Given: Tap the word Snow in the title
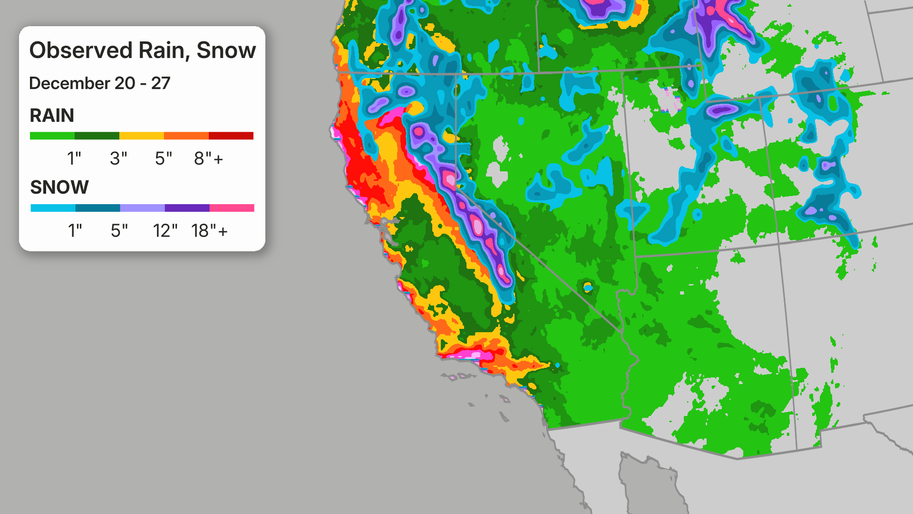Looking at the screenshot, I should tap(226, 50).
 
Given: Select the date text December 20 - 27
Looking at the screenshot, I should tap(99, 83).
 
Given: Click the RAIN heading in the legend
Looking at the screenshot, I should tap(52, 116).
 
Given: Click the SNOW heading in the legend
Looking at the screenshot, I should tap(59, 188).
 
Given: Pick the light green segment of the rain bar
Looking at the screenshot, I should tap(52, 136).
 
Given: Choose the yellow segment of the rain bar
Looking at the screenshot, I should tap(142, 136).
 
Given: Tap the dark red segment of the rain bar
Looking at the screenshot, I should tap(231, 136).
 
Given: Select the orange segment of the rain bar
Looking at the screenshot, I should tap(186, 136).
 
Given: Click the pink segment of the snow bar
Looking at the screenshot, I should tap(232, 208).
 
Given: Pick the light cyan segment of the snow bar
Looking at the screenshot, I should tap(53, 208).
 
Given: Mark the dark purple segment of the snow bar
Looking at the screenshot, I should tap(187, 208).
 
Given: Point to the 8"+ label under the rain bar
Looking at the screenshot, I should tap(208, 158).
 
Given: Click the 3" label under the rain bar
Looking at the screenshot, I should tap(118, 158).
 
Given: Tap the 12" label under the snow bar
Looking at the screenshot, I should tap(165, 231).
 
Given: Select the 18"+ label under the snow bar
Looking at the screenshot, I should tap(209, 231).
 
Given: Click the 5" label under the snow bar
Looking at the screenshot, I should tap(119, 231).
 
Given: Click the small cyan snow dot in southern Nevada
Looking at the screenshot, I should tap(588, 287).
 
